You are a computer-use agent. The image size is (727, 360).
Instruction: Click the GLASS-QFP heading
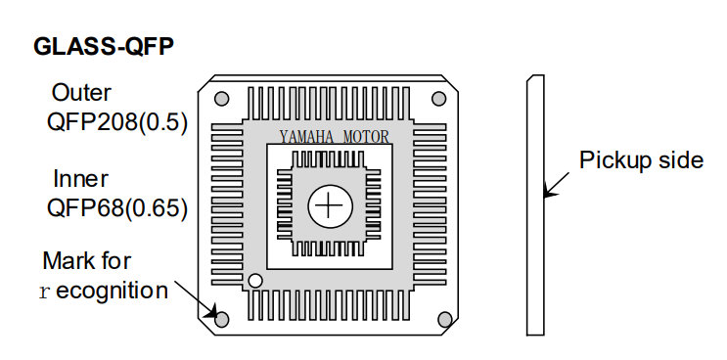[x=104, y=47]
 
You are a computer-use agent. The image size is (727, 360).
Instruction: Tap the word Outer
[x=81, y=93]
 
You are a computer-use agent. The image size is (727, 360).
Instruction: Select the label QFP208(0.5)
[x=117, y=123]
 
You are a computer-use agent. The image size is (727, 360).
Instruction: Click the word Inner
[x=80, y=179]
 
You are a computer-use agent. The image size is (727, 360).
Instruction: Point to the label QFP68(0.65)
[x=117, y=208]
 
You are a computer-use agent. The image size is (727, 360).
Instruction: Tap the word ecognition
[x=112, y=291]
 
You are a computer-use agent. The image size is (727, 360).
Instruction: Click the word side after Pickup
[x=683, y=160]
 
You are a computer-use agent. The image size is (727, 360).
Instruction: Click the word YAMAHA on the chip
[x=306, y=137]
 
